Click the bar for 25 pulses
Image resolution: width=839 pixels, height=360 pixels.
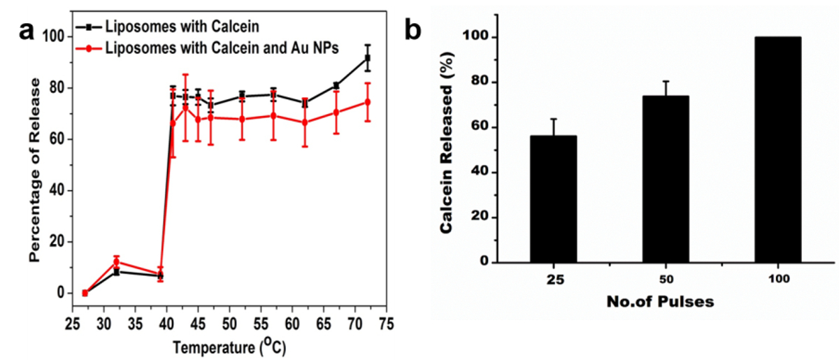click(552, 199)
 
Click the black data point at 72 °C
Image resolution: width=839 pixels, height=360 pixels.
click(368, 58)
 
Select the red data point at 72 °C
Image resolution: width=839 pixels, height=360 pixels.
click(368, 102)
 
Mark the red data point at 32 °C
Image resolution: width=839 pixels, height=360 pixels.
click(116, 262)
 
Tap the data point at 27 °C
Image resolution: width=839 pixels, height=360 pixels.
click(85, 293)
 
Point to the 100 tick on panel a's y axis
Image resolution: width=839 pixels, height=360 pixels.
click(56, 36)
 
